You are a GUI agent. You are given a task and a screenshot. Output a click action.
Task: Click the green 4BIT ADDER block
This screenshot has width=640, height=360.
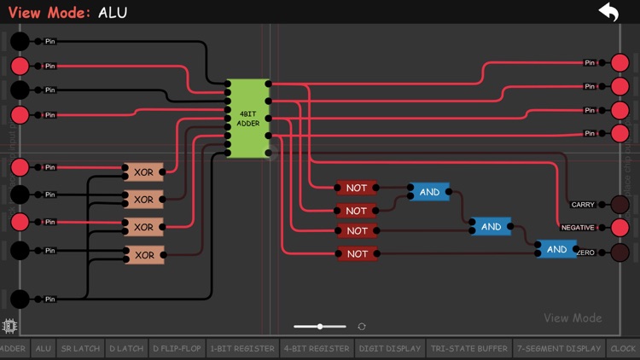tap(248, 118)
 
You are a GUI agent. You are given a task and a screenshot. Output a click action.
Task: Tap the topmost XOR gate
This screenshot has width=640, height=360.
tap(143, 172)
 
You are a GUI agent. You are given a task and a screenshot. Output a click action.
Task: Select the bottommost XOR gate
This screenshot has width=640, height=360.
tap(143, 254)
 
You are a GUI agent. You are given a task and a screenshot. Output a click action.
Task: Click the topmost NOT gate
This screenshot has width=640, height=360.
tap(357, 188)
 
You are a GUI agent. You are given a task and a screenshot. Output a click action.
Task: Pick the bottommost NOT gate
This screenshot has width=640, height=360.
tap(357, 253)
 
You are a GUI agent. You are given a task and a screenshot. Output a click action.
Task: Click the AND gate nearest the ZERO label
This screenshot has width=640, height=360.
tap(556, 249)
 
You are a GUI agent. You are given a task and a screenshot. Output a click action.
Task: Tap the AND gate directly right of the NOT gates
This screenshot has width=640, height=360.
tap(429, 192)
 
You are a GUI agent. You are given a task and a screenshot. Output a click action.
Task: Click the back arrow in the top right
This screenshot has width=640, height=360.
tap(608, 12)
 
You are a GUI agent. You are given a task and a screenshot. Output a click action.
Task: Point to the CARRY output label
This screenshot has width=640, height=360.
tap(583, 205)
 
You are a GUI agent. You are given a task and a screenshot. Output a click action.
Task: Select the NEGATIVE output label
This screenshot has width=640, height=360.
tap(578, 228)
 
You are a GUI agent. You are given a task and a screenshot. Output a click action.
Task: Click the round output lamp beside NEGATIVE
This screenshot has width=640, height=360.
tap(620, 228)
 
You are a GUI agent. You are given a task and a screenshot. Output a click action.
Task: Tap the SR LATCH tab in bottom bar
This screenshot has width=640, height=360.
tap(79, 348)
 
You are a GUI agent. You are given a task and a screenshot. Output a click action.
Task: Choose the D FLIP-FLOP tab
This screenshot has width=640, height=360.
tap(177, 348)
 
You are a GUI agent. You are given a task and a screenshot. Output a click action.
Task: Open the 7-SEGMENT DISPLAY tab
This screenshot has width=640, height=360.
tap(559, 348)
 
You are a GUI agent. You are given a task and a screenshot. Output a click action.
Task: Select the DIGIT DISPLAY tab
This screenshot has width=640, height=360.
tap(389, 348)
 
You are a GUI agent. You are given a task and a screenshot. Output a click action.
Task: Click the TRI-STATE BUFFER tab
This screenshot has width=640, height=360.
tap(468, 348)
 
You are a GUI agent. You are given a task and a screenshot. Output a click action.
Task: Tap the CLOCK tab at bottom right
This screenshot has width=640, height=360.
tap(623, 348)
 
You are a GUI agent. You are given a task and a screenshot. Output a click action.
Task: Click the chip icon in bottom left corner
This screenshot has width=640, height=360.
tap(9, 326)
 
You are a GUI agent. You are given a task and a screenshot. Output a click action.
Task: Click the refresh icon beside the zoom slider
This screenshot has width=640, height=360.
tap(362, 327)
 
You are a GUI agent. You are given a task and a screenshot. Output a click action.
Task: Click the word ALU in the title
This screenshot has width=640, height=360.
tap(113, 13)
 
